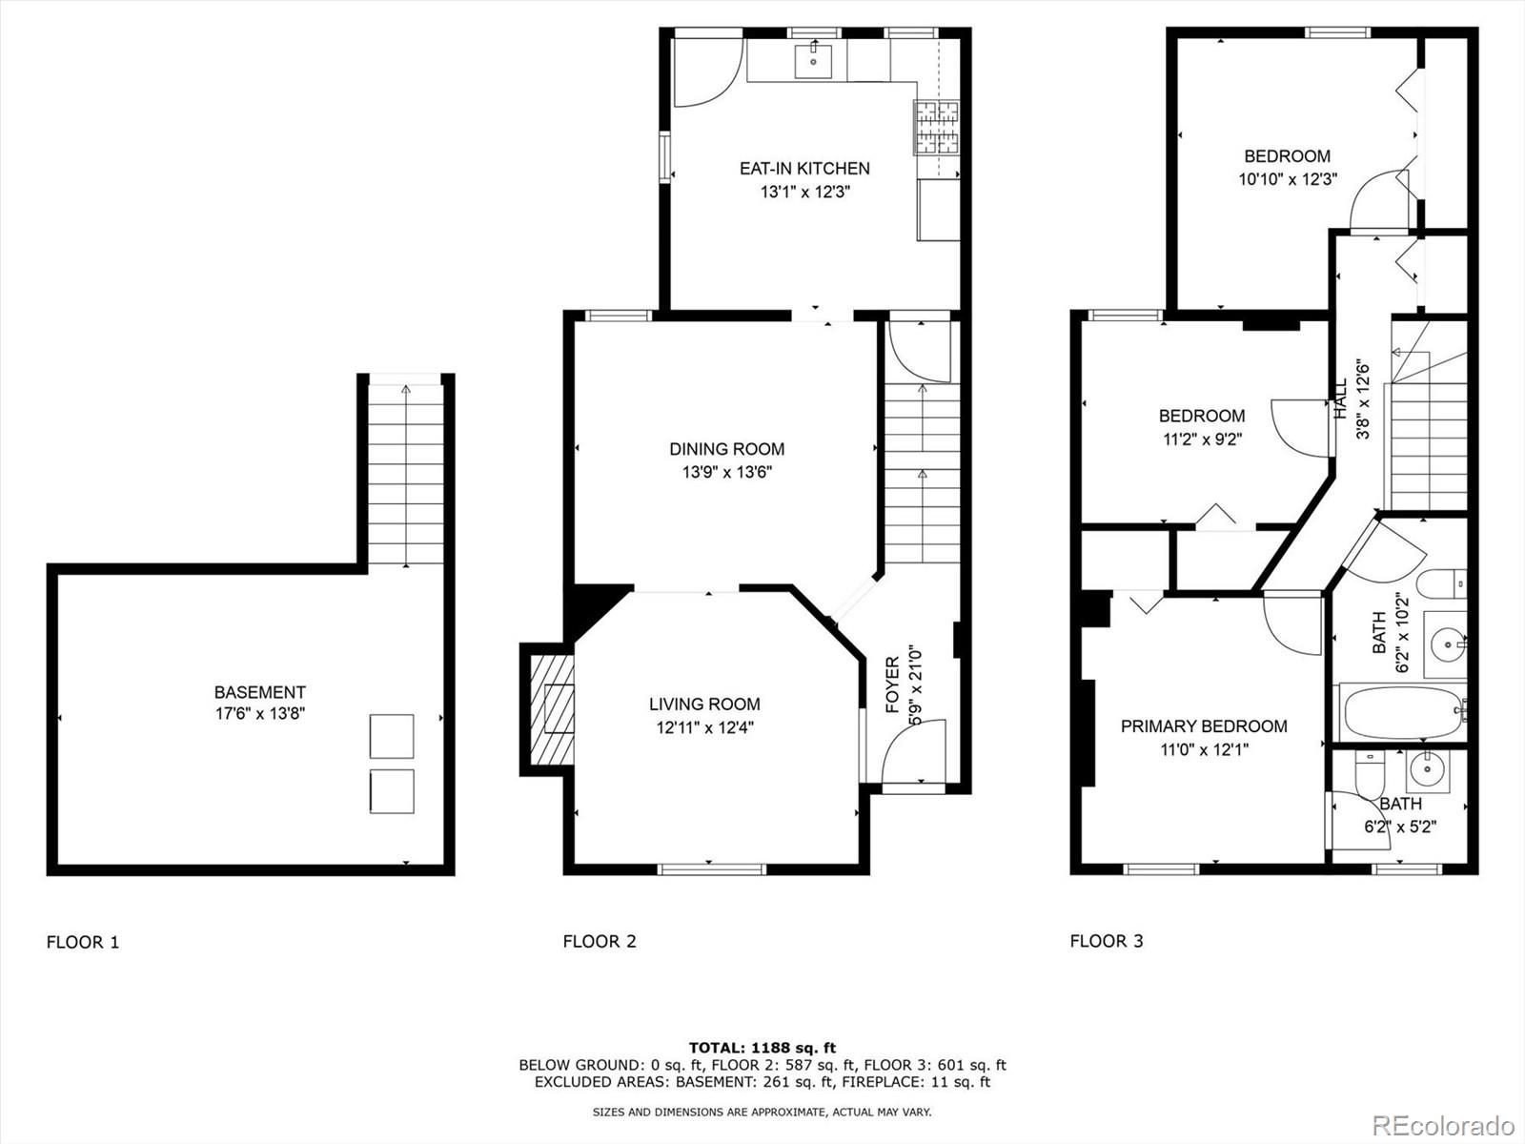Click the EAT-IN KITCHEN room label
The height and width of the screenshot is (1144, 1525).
[804, 169]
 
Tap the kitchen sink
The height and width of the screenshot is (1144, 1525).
[813, 61]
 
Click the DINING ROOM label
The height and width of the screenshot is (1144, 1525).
[726, 449]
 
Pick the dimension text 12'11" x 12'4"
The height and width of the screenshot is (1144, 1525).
[704, 728]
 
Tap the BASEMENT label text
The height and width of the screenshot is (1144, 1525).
[260, 692]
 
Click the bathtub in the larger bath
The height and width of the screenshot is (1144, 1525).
[1403, 712]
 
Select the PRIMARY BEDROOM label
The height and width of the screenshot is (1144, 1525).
[1204, 726]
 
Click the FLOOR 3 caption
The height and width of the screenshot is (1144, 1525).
[1106, 941]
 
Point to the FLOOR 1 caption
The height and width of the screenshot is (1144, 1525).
[83, 943]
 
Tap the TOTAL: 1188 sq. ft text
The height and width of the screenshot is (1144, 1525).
[762, 1048]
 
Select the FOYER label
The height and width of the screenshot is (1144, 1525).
[893, 684]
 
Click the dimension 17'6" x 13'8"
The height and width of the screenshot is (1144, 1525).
[260, 714]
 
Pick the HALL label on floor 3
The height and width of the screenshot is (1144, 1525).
[1340, 398]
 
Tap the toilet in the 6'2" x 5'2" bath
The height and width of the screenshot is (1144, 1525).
[1370, 773]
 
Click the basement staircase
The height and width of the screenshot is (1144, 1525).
[406, 471]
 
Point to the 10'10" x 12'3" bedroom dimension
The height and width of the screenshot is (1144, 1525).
[1288, 180]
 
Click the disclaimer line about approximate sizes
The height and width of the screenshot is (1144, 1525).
[762, 1112]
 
